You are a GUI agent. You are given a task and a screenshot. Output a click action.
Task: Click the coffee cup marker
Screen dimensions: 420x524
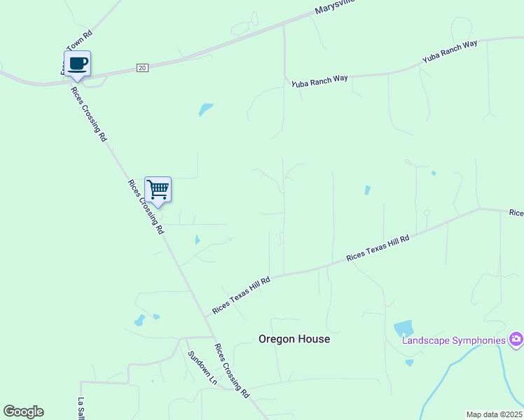point(77,64)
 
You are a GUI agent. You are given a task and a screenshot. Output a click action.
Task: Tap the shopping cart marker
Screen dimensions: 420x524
point(158,189)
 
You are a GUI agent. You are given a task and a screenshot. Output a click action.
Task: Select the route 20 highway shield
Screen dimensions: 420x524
point(142,68)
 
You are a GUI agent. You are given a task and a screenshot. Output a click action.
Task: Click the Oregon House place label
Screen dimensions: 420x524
point(294,339)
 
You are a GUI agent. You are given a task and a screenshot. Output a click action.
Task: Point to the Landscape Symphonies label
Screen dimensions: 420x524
point(453,341)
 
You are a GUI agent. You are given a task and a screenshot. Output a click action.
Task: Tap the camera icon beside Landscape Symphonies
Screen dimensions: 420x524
point(516,339)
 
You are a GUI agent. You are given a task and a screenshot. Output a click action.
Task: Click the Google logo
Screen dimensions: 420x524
point(23,412)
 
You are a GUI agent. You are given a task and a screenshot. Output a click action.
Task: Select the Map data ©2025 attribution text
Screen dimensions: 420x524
point(494,414)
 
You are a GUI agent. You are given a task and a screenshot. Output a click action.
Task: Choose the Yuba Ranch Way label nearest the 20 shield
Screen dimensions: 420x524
point(320,80)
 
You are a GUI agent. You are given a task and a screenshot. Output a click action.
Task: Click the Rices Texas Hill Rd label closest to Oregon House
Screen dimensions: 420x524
point(242,295)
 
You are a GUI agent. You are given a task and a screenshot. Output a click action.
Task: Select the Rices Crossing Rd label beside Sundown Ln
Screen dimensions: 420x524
point(232,371)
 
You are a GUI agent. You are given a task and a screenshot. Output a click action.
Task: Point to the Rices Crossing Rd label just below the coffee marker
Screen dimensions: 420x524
point(88,114)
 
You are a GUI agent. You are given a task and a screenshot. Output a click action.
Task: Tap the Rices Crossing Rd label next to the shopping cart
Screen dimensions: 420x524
point(145,206)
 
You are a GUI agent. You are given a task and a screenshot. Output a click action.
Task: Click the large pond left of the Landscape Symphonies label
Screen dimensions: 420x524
point(404,328)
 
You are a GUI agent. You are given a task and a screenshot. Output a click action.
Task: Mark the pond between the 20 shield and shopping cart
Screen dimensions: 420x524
point(205,109)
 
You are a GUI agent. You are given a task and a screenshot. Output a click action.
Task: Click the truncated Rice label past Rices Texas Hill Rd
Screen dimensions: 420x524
point(516,212)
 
